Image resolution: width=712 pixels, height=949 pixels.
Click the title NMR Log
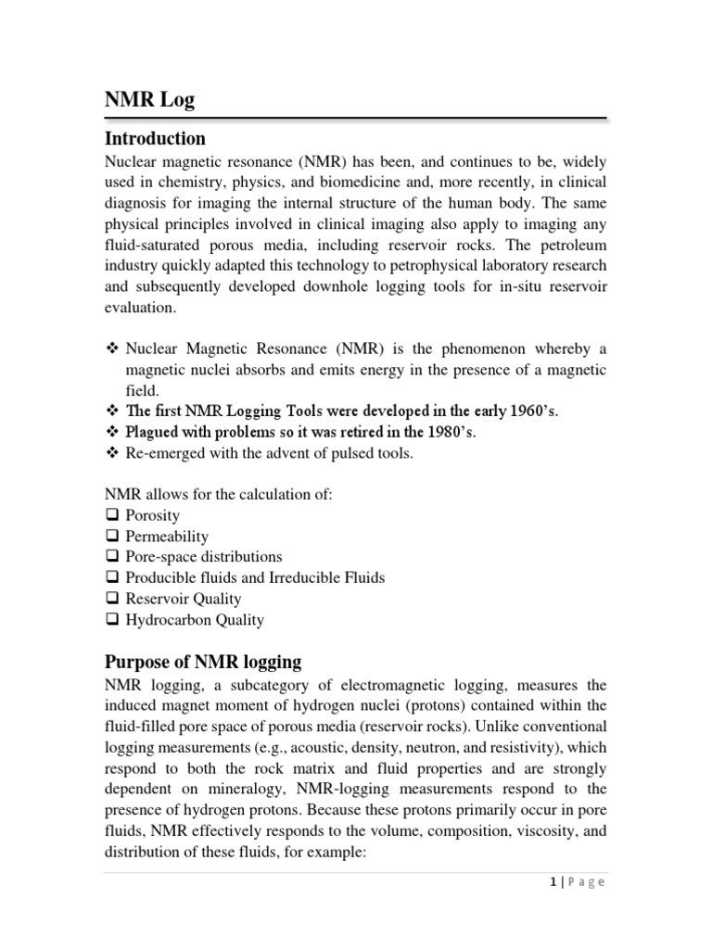pyautogui.click(x=149, y=100)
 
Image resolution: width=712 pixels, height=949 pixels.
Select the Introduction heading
pyautogui.click(x=155, y=139)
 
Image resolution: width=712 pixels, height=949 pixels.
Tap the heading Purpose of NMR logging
pyautogui.click(x=203, y=662)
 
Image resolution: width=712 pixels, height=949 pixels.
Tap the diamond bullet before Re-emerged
pyautogui.click(x=112, y=453)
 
